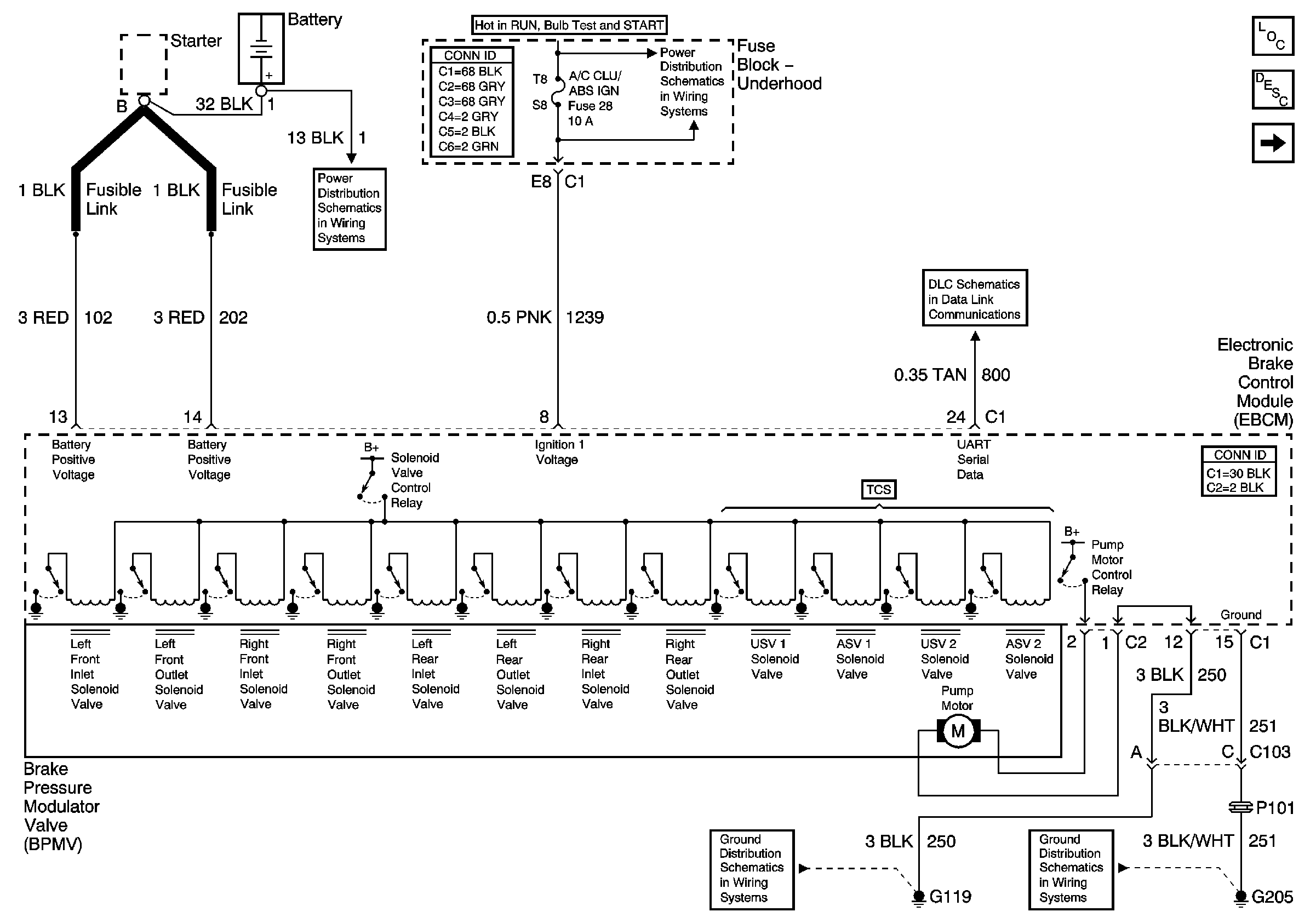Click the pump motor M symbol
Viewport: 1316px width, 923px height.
[958, 731]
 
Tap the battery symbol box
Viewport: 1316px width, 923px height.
[261, 49]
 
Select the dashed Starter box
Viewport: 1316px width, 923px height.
[144, 64]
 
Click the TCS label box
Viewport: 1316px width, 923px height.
[878, 489]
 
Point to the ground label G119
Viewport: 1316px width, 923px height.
[949, 896]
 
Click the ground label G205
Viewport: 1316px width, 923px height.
[1272, 897]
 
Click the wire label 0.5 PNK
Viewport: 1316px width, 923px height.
[519, 317]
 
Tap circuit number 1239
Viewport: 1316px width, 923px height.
[585, 317]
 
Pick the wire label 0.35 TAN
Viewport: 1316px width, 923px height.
[930, 375]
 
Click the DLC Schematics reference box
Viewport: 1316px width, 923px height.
[974, 299]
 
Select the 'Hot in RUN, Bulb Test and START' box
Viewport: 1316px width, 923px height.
[569, 25]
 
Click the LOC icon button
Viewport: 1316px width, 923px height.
[1272, 36]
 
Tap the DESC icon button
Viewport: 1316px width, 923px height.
[1272, 89]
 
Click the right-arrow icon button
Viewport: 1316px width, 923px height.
[1272, 142]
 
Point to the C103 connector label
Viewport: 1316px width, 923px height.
[1269, 752]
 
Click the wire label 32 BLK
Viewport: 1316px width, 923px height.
[224, 104]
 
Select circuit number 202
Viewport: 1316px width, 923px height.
[233, 317]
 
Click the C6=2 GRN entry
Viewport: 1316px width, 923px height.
[468, 147]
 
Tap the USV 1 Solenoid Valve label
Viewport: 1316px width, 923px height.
[774, 659]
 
